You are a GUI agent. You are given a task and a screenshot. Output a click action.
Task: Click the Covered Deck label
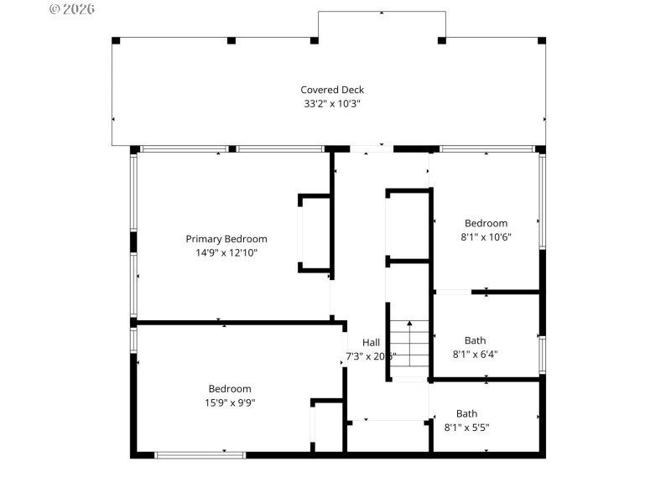332,90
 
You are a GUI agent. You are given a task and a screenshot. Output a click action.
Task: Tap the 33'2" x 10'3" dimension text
332,104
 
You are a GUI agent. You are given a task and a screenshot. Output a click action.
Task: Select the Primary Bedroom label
226,239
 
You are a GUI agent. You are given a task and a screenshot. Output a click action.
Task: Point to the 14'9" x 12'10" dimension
226,252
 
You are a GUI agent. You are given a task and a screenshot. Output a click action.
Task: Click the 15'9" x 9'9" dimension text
230,402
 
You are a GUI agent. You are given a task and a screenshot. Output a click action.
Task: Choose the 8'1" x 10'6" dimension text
486,236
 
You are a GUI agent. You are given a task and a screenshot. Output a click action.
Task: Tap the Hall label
371,342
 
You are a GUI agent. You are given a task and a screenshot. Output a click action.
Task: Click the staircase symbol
409,348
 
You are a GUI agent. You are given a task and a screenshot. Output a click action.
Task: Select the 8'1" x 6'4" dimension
475,354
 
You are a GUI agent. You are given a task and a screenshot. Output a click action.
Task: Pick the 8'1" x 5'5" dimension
466,427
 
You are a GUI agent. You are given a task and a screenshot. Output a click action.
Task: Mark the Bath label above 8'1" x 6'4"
475,340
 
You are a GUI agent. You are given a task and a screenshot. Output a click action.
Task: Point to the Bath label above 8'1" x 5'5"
466,413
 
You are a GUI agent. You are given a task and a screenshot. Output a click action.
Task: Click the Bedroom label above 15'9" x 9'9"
230,389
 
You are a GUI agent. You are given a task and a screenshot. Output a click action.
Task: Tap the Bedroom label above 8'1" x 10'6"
486,223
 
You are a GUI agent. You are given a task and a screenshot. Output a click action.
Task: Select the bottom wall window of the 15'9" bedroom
200,454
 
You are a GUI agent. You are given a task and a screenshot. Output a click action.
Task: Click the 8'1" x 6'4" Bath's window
542,354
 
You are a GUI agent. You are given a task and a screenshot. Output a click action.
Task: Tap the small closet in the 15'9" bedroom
327,428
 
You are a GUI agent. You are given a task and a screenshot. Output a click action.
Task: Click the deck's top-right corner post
541,40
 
